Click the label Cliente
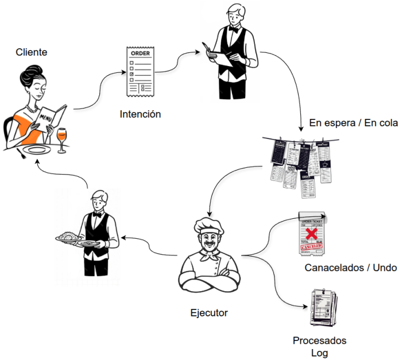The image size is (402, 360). [32, 52]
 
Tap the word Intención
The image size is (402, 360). [140, 114]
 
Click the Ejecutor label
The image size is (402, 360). [209, 313]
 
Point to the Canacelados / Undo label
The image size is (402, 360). [350, 268]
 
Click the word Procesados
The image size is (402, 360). [320, 340]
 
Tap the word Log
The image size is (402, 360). [320, 353]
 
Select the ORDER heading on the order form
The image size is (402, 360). [141, 53]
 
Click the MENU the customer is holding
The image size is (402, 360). [47, 118]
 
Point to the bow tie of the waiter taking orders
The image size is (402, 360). [233, 28]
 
